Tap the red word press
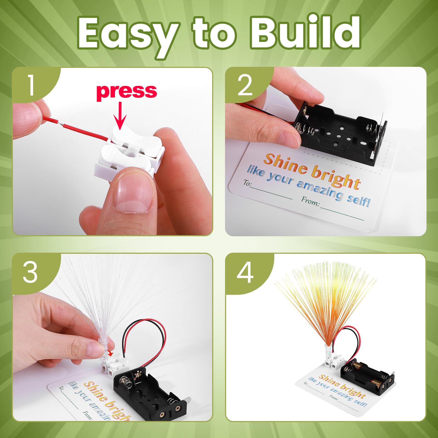pos(126,91)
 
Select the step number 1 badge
pos(31,85)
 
